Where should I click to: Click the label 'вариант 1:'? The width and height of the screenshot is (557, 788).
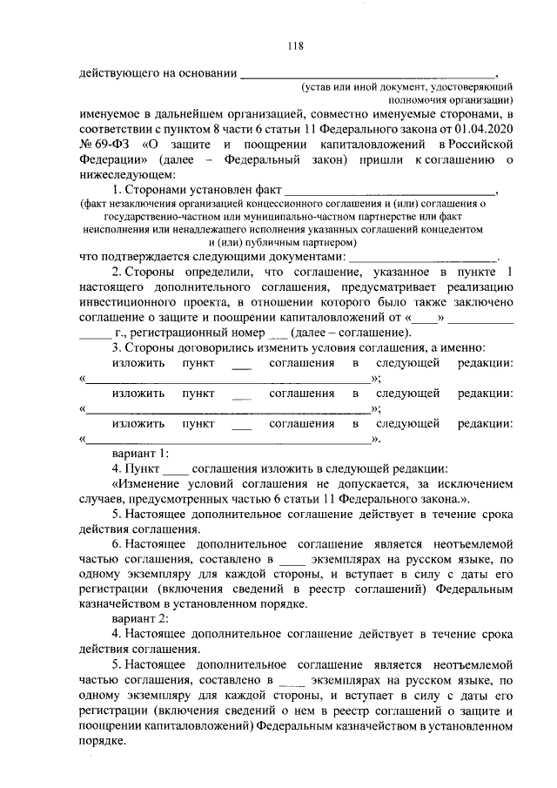click(x=140, y=454)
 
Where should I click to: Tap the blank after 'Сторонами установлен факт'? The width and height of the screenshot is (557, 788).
click(x=391, y=189)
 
